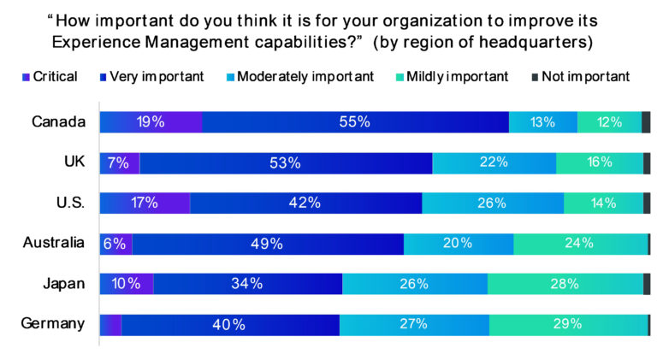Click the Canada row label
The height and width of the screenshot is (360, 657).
click(58, 121)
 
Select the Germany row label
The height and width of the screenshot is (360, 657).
click(54, 323)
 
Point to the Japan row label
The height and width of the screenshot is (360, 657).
click(63, 283)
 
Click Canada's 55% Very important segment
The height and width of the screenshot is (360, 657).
click(355, 122)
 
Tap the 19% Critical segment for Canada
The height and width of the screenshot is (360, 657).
click(151, 122)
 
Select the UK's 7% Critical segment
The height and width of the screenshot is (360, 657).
click(120, 162)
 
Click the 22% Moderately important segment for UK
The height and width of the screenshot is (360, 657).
click(494, 162)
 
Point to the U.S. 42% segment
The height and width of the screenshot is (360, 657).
click(305, 203)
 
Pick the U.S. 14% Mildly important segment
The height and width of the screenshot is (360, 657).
click(603, 203)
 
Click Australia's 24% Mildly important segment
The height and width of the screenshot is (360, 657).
click(580, 243)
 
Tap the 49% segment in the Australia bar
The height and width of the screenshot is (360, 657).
click(268, 243)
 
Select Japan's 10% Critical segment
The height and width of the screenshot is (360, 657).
click(127, 284)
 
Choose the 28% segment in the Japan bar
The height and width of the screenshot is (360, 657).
click(565, 284)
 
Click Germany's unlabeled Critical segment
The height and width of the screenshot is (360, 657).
click(111, 324)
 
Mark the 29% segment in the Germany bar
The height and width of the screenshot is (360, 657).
click(568, 324)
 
